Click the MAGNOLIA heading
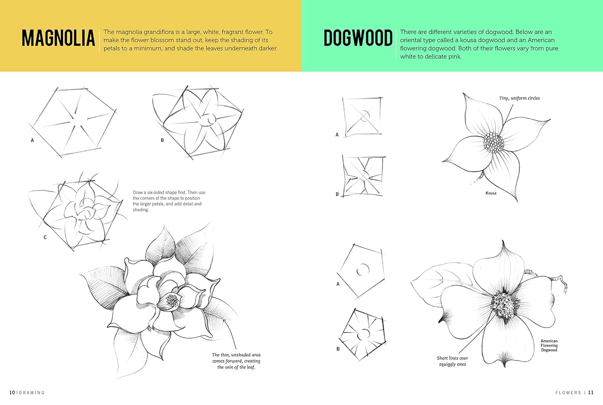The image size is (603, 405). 58,38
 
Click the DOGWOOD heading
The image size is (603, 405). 358,38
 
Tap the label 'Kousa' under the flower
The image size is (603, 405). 491,193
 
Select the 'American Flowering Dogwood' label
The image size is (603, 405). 549,345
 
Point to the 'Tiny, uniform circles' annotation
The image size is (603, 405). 519,98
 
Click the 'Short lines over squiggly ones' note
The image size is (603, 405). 452,361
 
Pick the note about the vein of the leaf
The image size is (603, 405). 236,361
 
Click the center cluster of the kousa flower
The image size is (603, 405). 494,143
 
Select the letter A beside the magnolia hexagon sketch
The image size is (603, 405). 33,141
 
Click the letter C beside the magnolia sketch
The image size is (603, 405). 45,238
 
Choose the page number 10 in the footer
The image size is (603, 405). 12,393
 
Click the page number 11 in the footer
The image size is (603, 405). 591,393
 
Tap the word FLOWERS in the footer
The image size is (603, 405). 568,393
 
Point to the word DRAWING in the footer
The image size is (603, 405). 32,393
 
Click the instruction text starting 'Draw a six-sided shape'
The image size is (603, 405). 169,201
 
